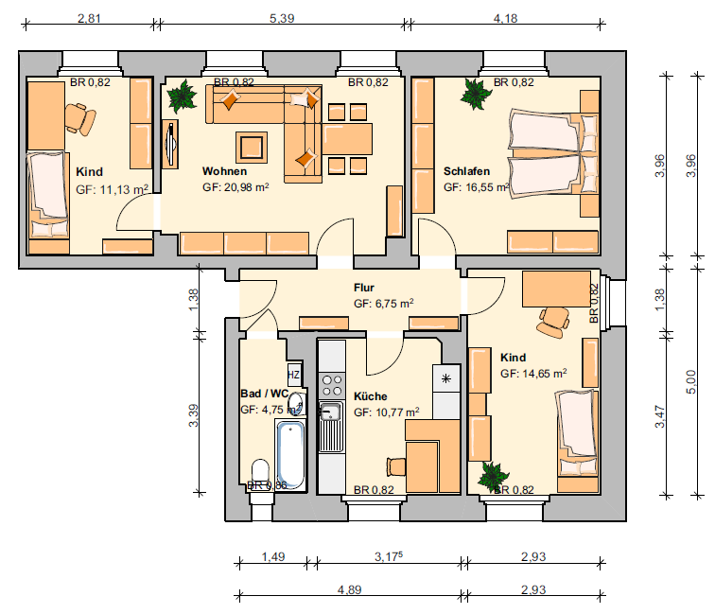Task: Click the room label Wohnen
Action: coord(224,171)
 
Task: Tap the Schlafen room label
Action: coord(466,171)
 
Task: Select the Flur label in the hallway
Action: coord(364,288)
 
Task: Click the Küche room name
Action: coord(371,396)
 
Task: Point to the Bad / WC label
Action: coord(265,394)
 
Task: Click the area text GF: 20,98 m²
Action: coord(235,187)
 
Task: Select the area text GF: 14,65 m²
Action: coord(533,373)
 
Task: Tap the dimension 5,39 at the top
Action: coord(282,18)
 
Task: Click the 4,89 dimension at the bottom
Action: coord(349,589)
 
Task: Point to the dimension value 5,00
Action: coord(690,381)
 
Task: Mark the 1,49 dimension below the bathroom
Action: coord(273,556)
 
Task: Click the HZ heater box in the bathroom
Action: coord(293,375)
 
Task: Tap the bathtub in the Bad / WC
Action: coord(290,454)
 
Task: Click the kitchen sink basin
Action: coord(330,412)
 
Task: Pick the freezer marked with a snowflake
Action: coord(446,378)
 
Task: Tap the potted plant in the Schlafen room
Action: coord(475,94)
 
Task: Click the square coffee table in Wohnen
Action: coord(252,147)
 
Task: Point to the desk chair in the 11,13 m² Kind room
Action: coord(80,118)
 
